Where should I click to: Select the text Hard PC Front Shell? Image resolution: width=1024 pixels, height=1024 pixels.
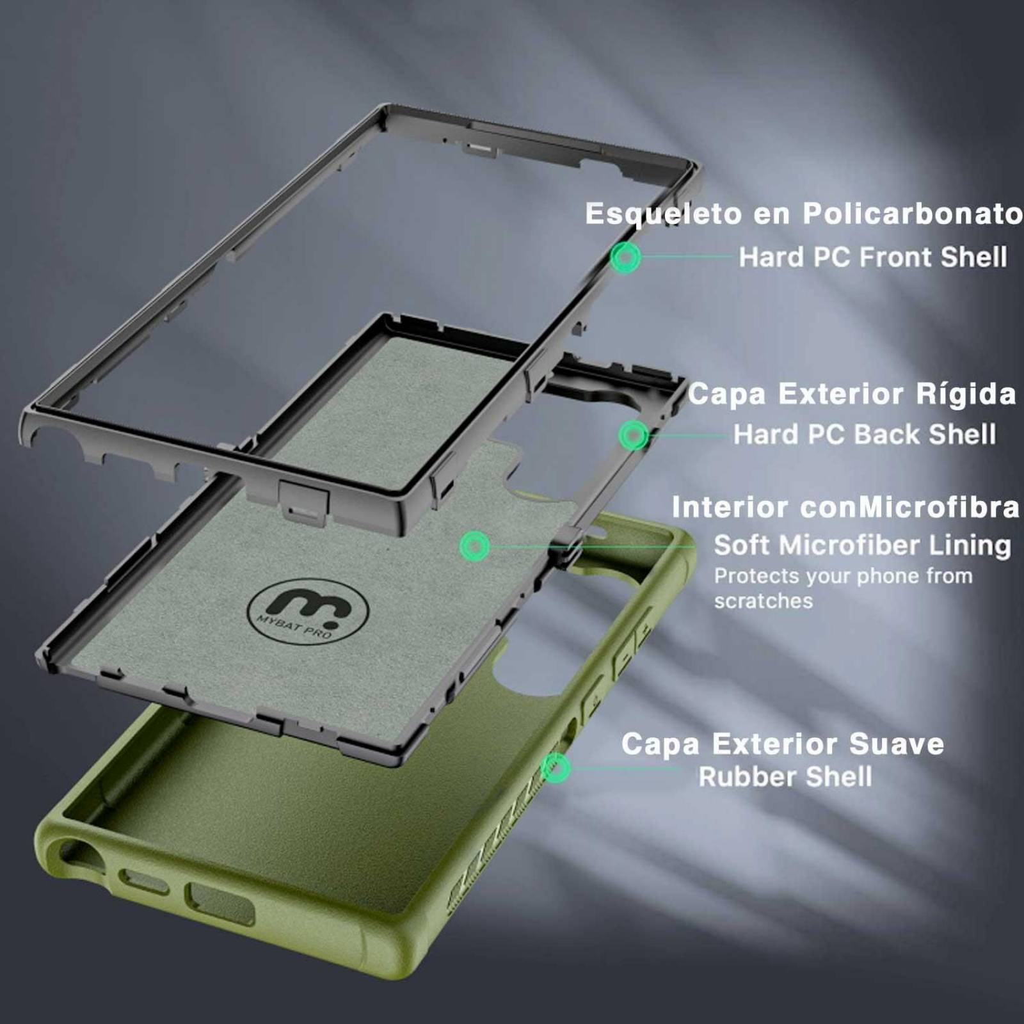point(872,257)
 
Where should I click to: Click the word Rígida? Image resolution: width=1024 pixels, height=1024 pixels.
point(966,394)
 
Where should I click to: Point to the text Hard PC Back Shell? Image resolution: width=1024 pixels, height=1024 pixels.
point(864,435)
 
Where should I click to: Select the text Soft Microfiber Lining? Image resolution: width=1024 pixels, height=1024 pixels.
point(862,545)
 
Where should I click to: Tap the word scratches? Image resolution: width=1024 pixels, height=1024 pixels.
point(763,601)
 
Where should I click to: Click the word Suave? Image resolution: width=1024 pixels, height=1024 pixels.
point(896,744)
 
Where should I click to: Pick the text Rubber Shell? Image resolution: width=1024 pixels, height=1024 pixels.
point(785,777)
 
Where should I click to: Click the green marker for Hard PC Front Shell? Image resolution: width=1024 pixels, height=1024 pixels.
point(625,257)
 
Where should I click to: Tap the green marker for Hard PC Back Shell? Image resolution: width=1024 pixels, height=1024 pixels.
point(634,435)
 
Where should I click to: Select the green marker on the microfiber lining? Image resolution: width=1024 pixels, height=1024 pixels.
point(474,546)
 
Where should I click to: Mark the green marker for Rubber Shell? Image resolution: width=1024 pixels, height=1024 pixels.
point(556,767)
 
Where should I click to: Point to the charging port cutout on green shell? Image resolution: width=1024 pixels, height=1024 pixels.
point(219,902)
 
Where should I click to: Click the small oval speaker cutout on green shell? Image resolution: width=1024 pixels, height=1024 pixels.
point(144,881)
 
